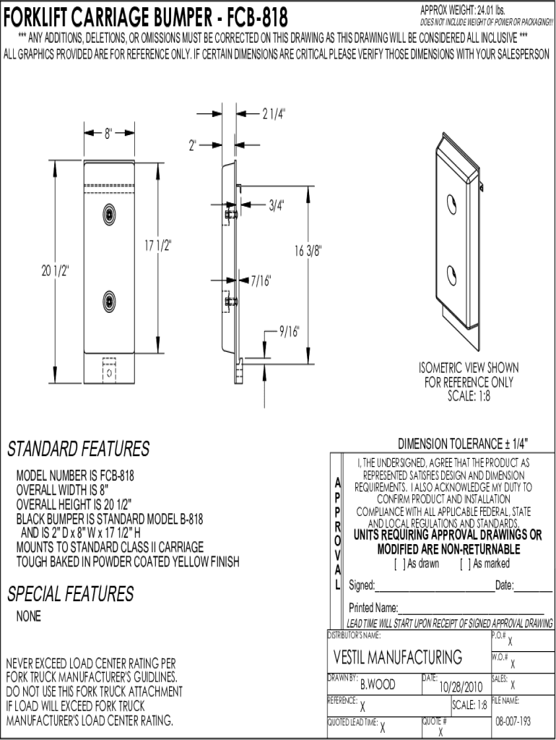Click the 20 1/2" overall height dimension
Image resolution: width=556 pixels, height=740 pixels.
pos(55,271)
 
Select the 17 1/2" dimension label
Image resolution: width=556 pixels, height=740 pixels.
pos(157,246)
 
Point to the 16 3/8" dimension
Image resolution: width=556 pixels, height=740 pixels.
pos(308,251)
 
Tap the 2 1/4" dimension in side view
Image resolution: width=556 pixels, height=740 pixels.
pos(274,113)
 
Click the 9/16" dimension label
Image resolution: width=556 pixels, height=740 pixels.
pos(289,331)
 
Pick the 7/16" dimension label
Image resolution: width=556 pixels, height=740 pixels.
pos(261,281)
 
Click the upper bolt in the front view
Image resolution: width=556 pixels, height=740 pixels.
pos(110,214)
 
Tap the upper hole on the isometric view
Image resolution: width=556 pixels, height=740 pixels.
pos(451,204)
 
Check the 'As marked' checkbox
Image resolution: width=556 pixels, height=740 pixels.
pos(464,564)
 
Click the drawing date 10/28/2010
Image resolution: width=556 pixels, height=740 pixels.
pos(461,687)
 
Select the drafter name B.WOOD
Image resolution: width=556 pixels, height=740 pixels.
pos(378,684)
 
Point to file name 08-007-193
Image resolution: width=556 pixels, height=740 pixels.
pos(513,721)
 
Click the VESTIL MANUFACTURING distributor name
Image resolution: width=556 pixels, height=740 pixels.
pos(398,657)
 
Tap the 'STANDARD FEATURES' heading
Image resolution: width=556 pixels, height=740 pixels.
pos(78,449)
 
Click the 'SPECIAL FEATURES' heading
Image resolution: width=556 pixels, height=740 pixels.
pos(70,594)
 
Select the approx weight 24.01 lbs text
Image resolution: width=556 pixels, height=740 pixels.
pos(462,10)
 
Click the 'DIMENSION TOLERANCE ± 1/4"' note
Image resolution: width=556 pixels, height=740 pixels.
pos(463,444)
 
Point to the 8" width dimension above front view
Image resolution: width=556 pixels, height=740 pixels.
pos(108,134)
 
